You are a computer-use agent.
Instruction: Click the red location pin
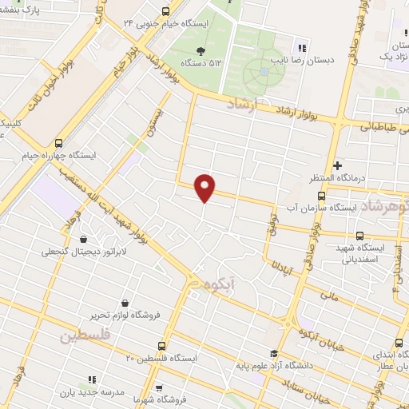(x=205, y=187)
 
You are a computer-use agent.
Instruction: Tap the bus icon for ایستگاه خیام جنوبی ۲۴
(x=165, y=12)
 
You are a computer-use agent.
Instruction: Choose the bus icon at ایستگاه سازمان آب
(x=321, y=196)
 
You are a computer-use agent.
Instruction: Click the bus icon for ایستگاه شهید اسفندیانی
(x=359, y=235)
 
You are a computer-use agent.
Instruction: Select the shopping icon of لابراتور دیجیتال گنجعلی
(x=84, y=239)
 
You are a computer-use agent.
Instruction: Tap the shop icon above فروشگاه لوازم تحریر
(x=125, y=303)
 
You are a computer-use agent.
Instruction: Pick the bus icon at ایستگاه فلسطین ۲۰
(x=162, y=346)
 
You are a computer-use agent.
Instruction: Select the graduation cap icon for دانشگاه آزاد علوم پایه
(x=274, y=354)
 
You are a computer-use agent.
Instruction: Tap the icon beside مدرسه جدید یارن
(x=92, y=379)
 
